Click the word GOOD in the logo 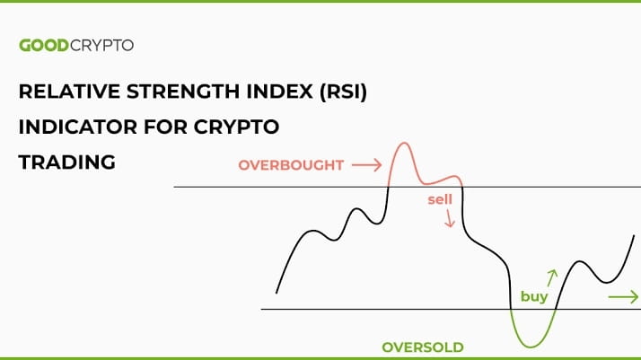(x=44, y=45)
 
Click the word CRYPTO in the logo (x=101, y=45)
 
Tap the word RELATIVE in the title (x=69, y=92)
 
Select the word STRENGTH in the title (x=183, y=92)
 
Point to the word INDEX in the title (x=279, y=92)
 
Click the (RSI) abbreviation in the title (x=343, y=92)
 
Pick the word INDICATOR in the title (x=78, y=127)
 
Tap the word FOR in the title (x=165, y=127)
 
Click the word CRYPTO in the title (x=236, y=127)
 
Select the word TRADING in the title (x=67, y=162)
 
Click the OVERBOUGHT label (x=291, y=165)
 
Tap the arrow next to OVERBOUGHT (x=366, y=165)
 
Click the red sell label (x=440, y=199)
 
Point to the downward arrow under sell (x=450, y=218)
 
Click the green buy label (x=534, y=296)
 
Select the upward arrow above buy (x=552, y=278)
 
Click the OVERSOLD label (x=423, y=347)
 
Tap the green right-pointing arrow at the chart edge (x=623, y=297)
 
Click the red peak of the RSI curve (x=404, y=143)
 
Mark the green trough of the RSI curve (x=531, y=347)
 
